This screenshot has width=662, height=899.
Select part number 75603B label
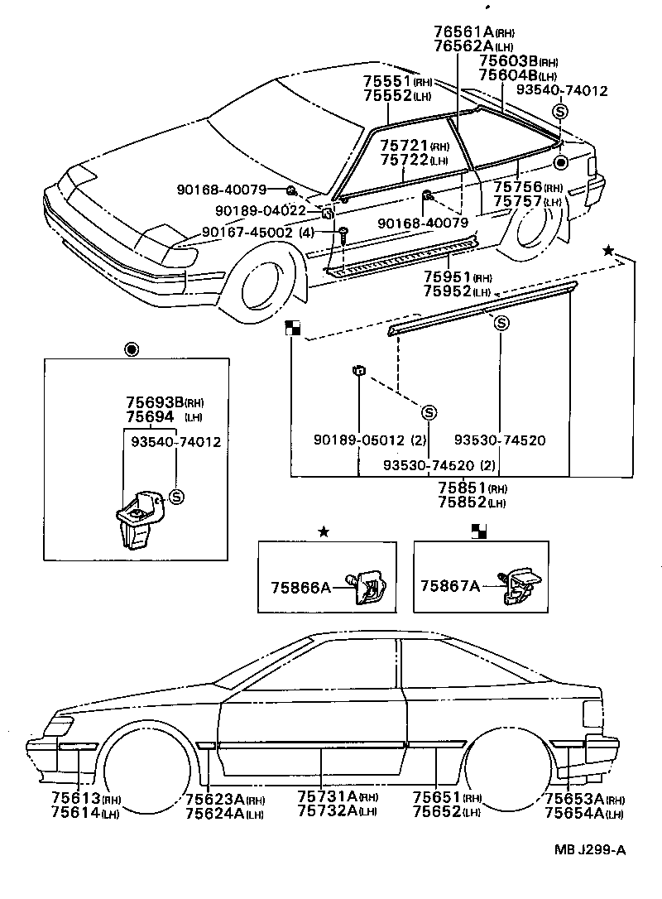point(508,62)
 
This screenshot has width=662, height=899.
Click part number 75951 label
point(447,277)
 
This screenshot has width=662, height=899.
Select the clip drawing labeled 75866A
point(367,588)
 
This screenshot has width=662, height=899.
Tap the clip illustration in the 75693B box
point(137,517)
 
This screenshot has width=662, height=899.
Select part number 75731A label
point(328,796)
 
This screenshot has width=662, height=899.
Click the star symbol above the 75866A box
point(324,531)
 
